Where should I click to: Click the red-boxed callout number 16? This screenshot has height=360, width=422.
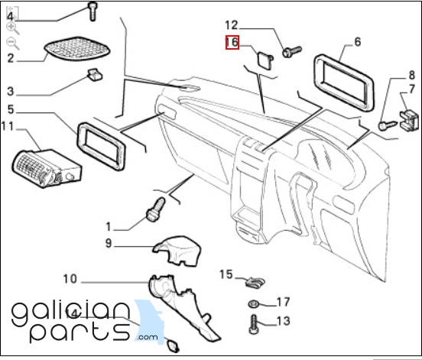(x=232, y=43)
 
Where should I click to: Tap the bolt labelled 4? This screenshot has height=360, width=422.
(x=93, y=11)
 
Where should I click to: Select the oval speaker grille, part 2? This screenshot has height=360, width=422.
(x=77, y=49)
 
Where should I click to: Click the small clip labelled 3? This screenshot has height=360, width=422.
(x=95, y=75)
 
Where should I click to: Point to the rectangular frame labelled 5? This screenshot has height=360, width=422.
(x=101, y=146)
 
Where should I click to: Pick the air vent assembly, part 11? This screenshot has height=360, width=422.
(x=47, y=169)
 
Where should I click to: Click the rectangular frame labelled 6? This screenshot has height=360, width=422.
(x=344, y=83)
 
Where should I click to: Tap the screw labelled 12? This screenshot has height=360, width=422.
(x=292, y=51)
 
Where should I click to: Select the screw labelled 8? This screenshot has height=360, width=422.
(x=388, y=125)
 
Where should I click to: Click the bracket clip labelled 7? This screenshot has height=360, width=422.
(x=409, y=120)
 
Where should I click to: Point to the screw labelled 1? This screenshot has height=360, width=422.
(x=156, y=210)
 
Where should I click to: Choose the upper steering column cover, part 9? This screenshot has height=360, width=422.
(x=177, y=251)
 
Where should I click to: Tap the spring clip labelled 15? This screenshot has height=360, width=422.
(x=255, y=283)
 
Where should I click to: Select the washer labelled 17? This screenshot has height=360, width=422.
(x=254, y=304)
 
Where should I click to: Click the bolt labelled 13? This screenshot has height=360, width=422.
(x=254, y=325)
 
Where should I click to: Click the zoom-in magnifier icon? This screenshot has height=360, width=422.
(x=13, y=28)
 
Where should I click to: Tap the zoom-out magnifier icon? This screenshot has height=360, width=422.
(x=13, y=44)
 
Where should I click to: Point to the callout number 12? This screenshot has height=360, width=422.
(x=232, y=25)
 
